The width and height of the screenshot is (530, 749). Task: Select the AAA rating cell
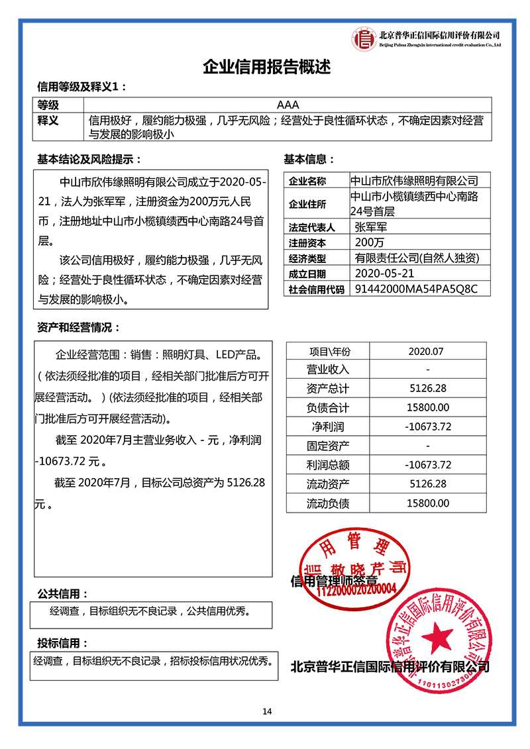[290, 105]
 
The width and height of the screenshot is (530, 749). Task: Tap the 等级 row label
[48, 105]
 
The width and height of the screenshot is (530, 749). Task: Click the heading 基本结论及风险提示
[89, 160]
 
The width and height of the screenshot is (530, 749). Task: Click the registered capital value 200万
[370, 242]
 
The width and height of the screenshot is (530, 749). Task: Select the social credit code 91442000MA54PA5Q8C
[416, 289]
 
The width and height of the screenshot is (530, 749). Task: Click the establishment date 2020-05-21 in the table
[385, 273]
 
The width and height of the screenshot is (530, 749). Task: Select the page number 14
[267, 712]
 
